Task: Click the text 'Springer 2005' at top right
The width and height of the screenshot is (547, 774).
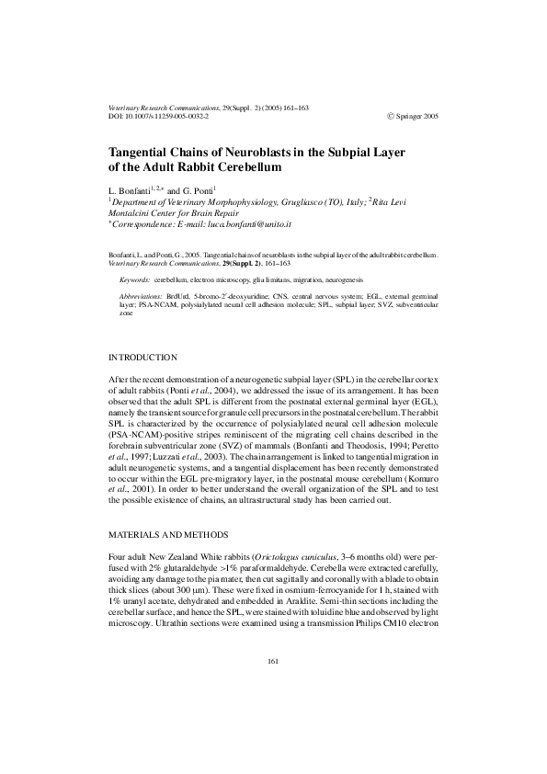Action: tap(415, 118)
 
